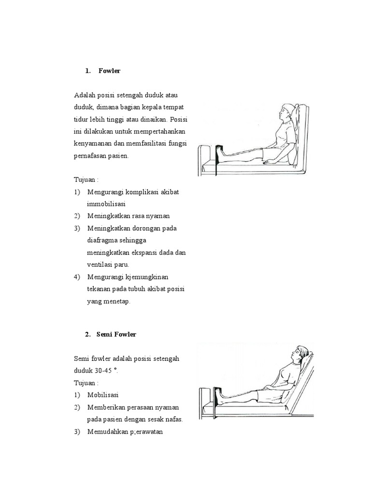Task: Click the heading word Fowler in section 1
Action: pyautogui.click(x=109, y=71)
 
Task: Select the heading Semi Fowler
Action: pyautogui.click(x=116, y=334)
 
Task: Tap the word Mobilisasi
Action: pyautogui.click(x=103, y=395)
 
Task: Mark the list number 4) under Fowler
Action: pyautogui.click(x=77, y=277)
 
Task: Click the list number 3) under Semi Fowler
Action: pyautogui.click(x=77, y=431)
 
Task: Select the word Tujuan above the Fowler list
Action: pyautogui.click(x=85, y=179)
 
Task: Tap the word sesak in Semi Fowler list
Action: pyautogui.click(x=156, y=419)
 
